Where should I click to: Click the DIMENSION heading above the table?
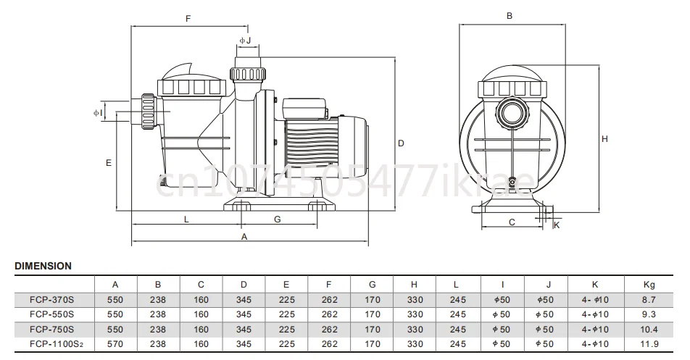pyautogui.click(x=43, y=266)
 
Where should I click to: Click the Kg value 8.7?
pyautogui.click(x=649, y=298)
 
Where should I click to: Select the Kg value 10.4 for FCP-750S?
pyautogui.click(x=649, y=328)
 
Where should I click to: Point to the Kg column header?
pyautogui.click(x=649, y=284)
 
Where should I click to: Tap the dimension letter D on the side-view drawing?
pyautogui.click(x=400, y=143)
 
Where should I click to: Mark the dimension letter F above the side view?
pyautogui.click(x=188, y=18)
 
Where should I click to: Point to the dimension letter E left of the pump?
pyautogui.click(x=108, y=163)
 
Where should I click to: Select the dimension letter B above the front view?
pyautogui.click(x=510, y=15)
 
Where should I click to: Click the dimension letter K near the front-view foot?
pyautogui.click(x=557, y=226)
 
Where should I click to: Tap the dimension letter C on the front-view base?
pyautogui.click(x=512, y=222)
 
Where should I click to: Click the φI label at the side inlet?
pyautogui.click(x=96, y=113)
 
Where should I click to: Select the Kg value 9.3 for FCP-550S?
pyautogui.click(x=649, y=314)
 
